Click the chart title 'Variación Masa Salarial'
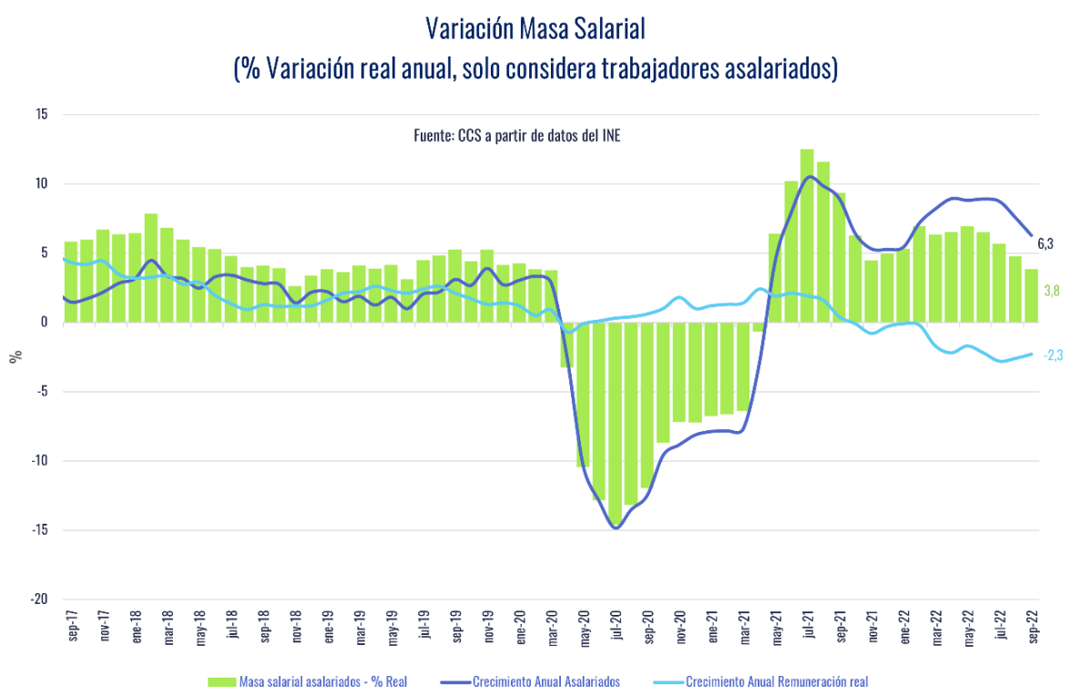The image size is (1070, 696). [535, 29]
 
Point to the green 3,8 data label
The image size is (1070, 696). [1051, 292]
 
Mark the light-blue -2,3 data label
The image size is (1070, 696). [1052, 355]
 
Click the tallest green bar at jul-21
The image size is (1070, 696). [807, 235]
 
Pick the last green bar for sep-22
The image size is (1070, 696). [1032, 295]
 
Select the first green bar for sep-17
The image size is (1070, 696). [71, 281]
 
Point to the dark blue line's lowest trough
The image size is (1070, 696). [617, 527]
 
